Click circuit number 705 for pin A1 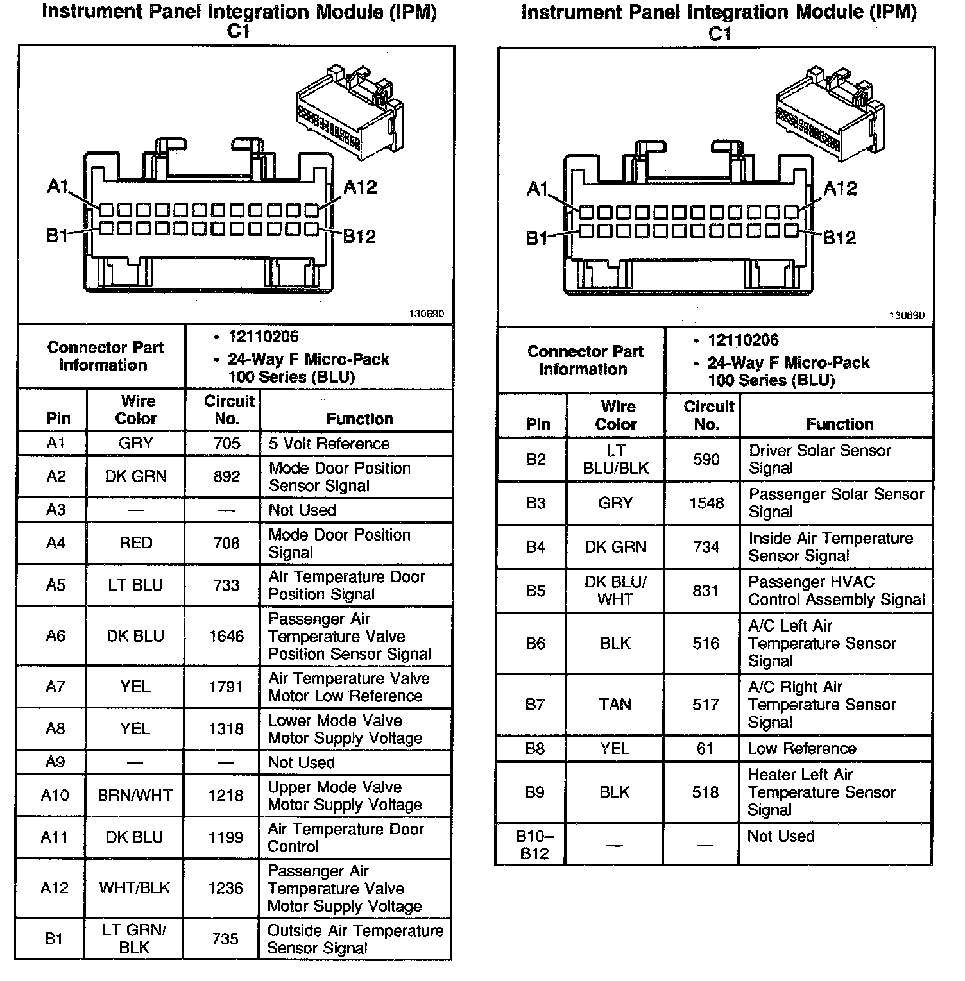pos(226,443)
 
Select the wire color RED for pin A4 pos(135,543)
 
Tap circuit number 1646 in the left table pos(226,636)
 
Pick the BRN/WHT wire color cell pos(135,795)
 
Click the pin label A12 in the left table pos(55,888)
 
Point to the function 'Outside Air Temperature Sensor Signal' pos(355,939)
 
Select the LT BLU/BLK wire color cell pos(615,459)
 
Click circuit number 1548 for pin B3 pos(706,503)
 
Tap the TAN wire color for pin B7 pos(615,705)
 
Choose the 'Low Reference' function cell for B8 pos(802,748)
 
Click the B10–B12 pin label pos(534,844)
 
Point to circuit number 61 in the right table pos(705,748)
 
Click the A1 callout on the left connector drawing pos(57,187)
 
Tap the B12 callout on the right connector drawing pos(839,239)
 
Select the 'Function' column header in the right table pos(839,424)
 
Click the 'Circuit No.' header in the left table pos(228,410)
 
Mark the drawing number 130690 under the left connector pos(426,314)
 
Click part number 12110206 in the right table pos(743,340)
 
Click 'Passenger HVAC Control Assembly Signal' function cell pos(836,591)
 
